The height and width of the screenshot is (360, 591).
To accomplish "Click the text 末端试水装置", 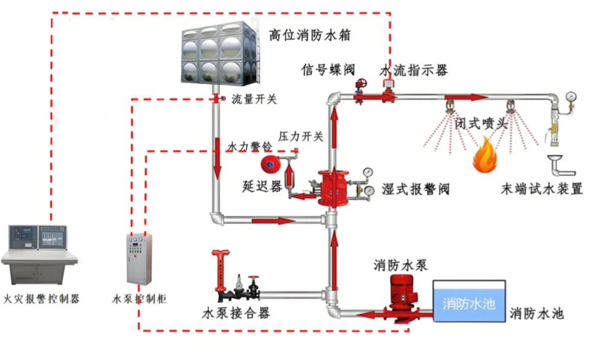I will click(542, 190).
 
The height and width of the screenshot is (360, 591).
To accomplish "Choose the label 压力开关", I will click(301, 136).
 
